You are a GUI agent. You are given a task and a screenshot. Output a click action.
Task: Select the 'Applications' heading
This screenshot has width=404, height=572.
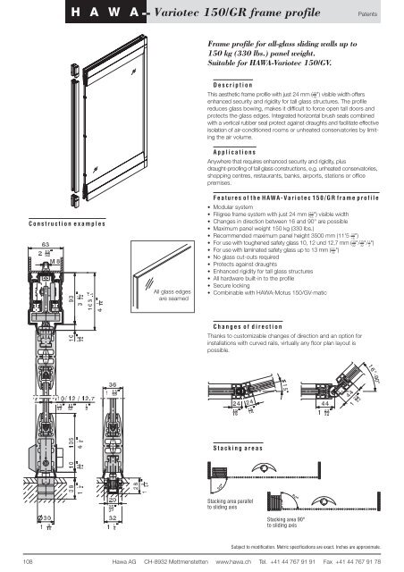[x=235, y=154]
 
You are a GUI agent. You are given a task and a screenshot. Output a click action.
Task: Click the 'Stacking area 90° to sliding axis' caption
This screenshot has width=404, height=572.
[x=292, y=521]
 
